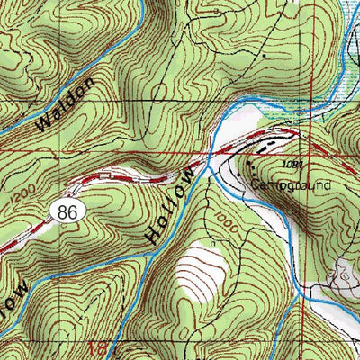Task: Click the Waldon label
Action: click(x=65, y=106)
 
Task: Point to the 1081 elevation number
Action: click(x=288, y=166)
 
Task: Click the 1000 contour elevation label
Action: click(x=226, y=230)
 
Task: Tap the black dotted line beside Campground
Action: click(x=252, y=166)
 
